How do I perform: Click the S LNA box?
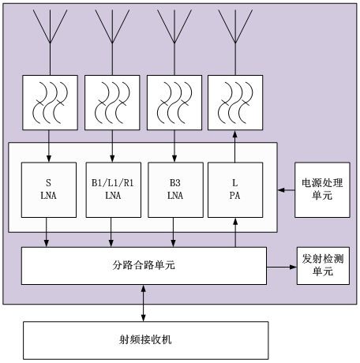(x=49, y=189)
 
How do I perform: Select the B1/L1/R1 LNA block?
(x=114, y=189)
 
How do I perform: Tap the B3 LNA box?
(x=175, y=189)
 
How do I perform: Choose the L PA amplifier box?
(x=235, y=189)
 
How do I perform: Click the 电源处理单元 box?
(x=322, y=189)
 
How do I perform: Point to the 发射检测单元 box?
(x=323, y=266)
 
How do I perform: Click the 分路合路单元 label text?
(x=144, y=265)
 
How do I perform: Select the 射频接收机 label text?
(x=145, y=339)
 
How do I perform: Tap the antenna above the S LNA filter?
(x=50, y=42)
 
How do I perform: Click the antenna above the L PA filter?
(x=235, y=42)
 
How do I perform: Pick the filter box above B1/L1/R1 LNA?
(x=112, y=103)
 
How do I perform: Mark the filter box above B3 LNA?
(x=174, y=103)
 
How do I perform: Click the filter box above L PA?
(x=235, y=103)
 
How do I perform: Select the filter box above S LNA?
(x=50, y=103)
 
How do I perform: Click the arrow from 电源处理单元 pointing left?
(x=286, y=190)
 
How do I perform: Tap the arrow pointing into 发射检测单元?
(x=282, y=267)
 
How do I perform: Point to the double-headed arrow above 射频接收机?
(x=144, y=303)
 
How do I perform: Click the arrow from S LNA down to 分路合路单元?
(x=47, y=232)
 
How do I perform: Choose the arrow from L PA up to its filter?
(x=235, y=146)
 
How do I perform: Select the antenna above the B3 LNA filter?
(x=174, y=42)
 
